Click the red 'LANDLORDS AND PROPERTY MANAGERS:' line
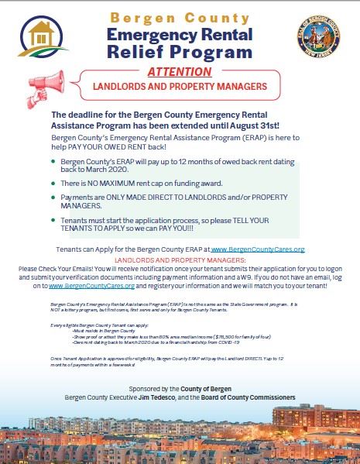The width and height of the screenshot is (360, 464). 180,260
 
